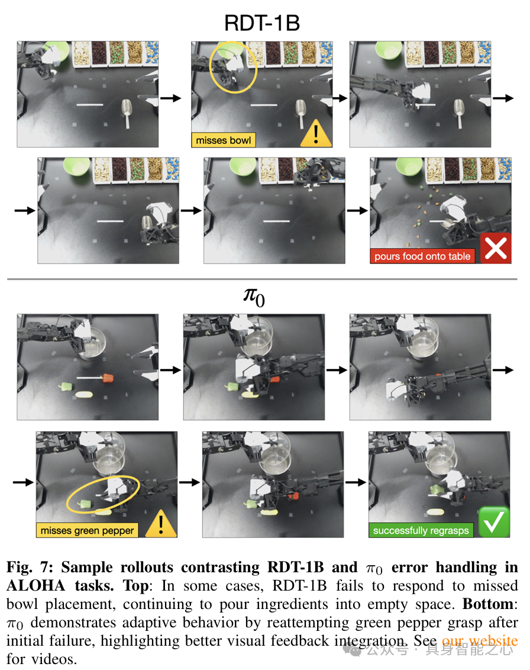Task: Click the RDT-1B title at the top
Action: click(262, 23)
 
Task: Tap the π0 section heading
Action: click(254, 296)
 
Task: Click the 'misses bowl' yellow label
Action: click(223, 140)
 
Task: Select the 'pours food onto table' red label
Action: click(422, 256)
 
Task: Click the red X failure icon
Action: click(496, 248)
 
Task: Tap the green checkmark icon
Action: click(494, 522)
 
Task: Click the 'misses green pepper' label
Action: click(87, 530)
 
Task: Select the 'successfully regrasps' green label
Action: click(421, 530)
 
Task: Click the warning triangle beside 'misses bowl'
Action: click(316, 133)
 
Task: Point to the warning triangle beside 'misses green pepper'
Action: click(161, 524)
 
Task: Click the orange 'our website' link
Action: click(480, 640)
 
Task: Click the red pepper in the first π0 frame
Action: click(108, 378)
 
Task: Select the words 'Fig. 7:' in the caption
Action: click(30, 567)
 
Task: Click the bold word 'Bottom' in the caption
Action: click(488, 604)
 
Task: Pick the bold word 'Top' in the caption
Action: click(135, 586)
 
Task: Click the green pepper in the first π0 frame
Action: click(65, 386)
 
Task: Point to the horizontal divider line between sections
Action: click(262, 279)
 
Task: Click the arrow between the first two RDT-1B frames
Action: click(171, 98)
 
